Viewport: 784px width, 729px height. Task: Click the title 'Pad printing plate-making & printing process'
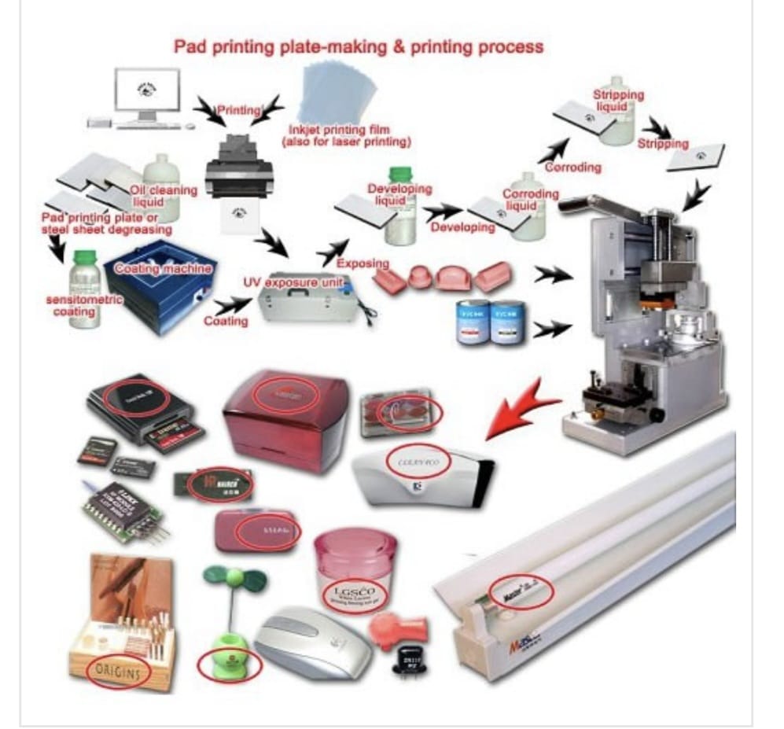pos(359,46)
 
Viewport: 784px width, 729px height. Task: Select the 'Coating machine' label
pos(164,269)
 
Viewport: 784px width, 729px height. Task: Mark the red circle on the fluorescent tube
pos(521,591)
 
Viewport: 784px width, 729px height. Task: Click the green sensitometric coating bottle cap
pos(84,256)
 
